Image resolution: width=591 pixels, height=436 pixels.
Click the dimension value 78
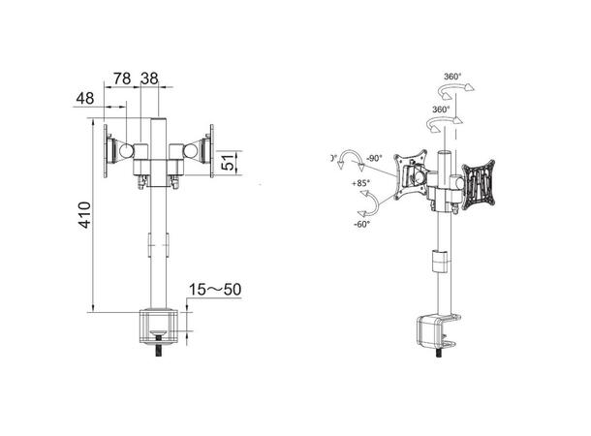coord(123,77)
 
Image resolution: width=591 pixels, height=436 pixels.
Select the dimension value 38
coord(149,77)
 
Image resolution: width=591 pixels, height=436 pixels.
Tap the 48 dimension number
coord(84,98)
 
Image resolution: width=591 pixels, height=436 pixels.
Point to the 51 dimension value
coord(228,163)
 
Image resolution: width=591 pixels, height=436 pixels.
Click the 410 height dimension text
coord(85,215)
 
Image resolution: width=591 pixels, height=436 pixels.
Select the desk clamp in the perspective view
coord(431,331)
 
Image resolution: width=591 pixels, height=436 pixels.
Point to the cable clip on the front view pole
coord(153,245)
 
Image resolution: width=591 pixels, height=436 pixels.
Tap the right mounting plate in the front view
coord(210,152)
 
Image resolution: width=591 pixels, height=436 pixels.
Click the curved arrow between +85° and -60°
coord(367,203)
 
